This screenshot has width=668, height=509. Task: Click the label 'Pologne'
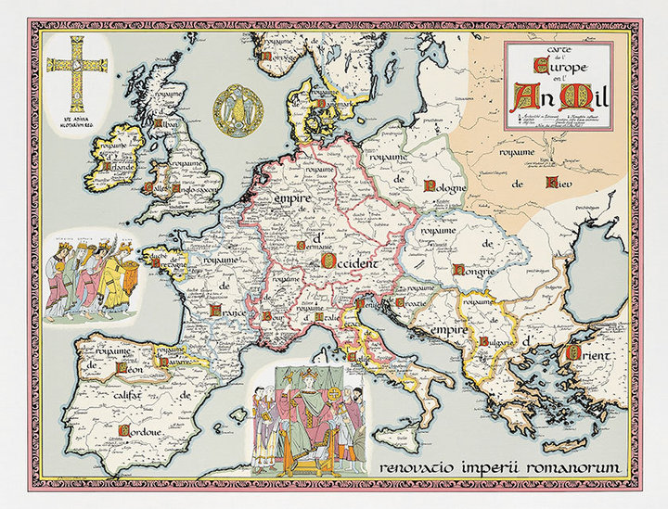pos(444,185)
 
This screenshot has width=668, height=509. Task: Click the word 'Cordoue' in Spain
pos(138,430)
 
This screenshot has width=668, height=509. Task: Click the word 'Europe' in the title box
pos(553,65)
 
